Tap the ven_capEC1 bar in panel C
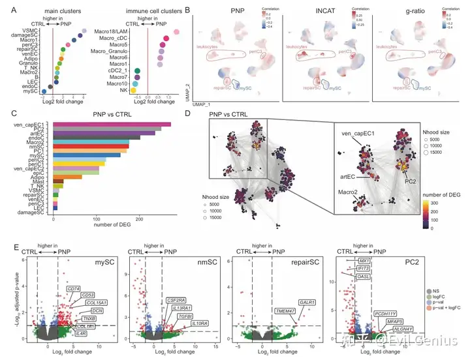point(112,124)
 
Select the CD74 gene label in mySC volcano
point(73,288)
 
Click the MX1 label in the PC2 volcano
point(364,261)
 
